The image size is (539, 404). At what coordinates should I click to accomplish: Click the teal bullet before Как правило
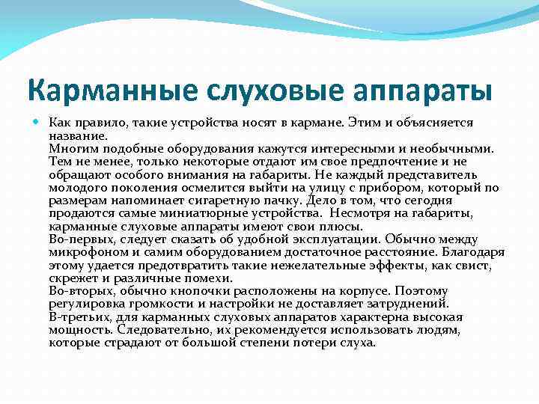tap(38, 121)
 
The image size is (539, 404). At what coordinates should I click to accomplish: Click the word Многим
tap(70, 149)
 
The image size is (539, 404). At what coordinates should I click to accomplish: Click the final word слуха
tap(359, 342)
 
